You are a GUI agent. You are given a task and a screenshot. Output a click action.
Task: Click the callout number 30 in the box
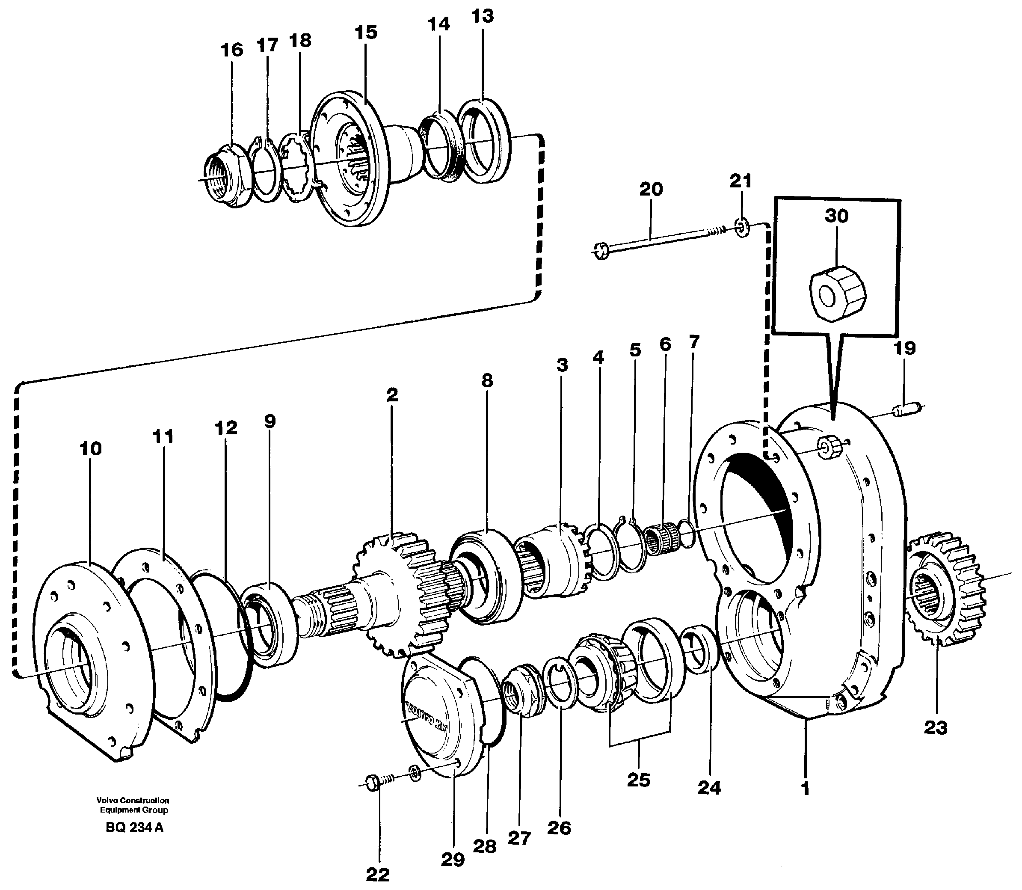click(837, 216)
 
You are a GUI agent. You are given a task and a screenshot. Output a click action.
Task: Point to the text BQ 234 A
click(134, 828)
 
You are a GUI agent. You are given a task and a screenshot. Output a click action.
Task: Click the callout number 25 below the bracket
click(639, 780)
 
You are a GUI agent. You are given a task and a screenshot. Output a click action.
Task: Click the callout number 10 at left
click(90, 448)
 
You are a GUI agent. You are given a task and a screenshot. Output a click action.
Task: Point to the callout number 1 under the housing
click(805, 788)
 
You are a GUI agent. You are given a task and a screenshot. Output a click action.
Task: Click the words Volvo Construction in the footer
click(133, 801)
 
